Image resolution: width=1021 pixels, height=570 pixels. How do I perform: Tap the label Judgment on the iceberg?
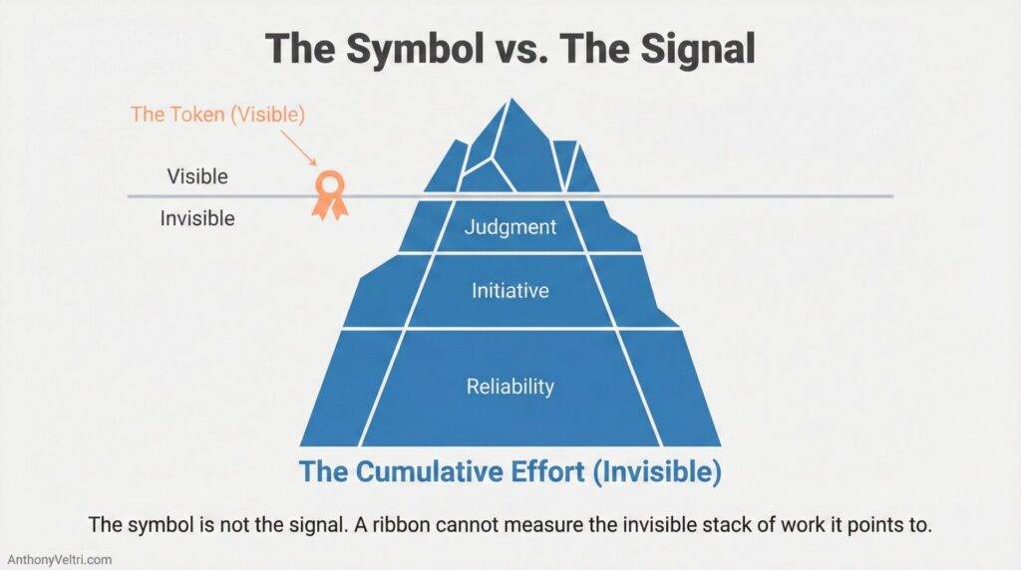pos(510,227)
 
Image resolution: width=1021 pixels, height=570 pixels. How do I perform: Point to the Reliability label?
pos(510,387)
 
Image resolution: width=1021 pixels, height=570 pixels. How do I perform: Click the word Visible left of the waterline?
pos(197,177)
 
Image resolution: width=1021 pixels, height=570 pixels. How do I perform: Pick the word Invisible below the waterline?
pos(197,217)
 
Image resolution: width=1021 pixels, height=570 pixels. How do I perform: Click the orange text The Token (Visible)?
pos(216,115)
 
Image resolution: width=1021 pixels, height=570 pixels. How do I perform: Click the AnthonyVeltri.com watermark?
pos(59,560)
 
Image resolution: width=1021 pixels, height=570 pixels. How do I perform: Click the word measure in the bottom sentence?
pos(551,523)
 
